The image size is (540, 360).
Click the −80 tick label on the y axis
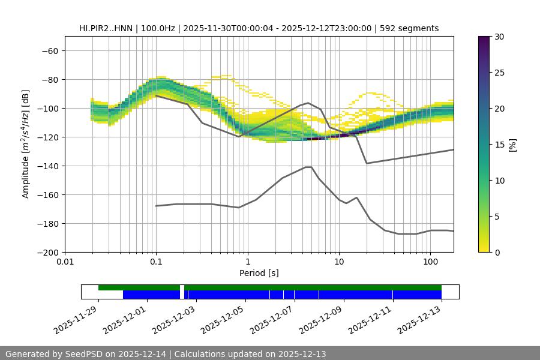pyautogui.click(x=49, y=80)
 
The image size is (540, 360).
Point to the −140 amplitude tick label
pyautogui.click(x=46, y=166)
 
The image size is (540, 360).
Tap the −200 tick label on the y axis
pyautogui.click(x=46, y=253)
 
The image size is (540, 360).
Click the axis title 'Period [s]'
pyautogui.click(x=259, y=273)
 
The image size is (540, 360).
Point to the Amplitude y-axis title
pyautogui.click(x=26, y=145)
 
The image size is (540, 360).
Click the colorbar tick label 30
pyautogui.click(x=500, y=37)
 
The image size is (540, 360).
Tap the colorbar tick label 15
pyautogui.click(x=500, y=145)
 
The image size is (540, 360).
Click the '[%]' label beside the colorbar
pyautogui.click(x=512, y=145)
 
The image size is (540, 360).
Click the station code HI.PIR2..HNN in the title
pyautogui.click(x=108, y=28)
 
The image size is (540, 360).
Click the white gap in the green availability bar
pyautogui.click(x=182, y=288)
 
